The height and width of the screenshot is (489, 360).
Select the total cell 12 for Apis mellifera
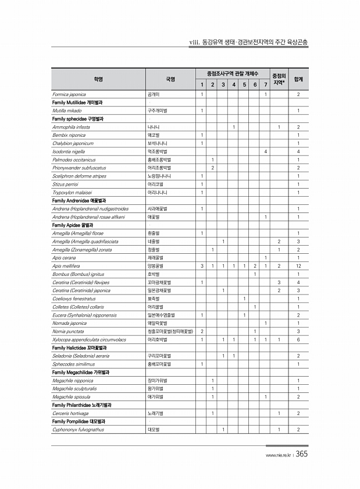pyautogui.click(x=298, y=265)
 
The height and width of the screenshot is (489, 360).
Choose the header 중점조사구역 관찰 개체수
pyautogui.click(x=232, y=73)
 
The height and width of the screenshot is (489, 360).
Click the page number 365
pyautogui.click(x=301, y=455)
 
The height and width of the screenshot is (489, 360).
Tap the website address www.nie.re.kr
pyautogui.click(x=277, y=456)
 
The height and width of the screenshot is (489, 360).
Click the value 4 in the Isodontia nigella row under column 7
pyautogui.click(x=265, y=151)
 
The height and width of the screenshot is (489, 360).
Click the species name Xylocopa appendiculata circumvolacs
pyautogui.click(x=89, y=339)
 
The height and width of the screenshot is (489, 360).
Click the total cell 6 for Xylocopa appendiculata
pyautogui.click(x=298, y=339)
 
